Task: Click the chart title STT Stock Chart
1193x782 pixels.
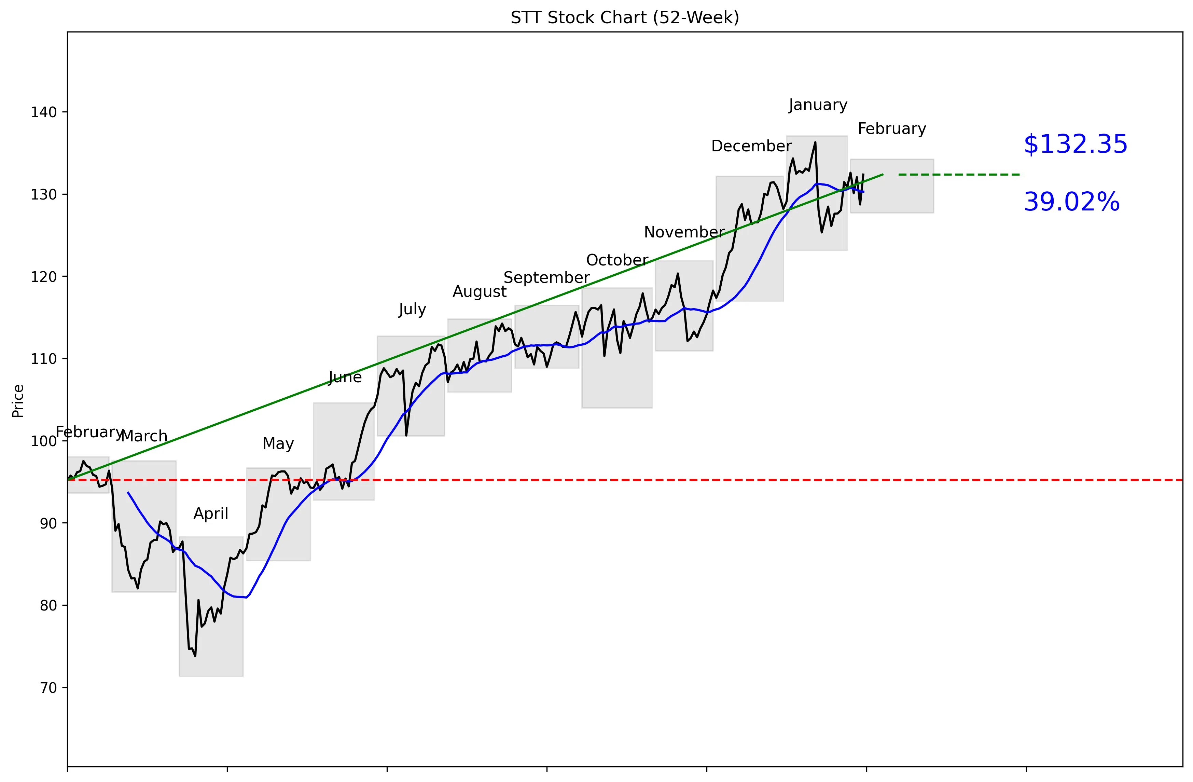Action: pyautogui.click(x=625, y=18)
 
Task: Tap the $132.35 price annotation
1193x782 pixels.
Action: pyautogui.click(x=1075, y=145)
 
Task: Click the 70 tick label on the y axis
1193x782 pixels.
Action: pyautogui.click(x=48, y=688)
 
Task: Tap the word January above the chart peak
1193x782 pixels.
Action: pyautogui.click(x=818, y=105)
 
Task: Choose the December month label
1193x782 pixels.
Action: pyautogui.click(x=751, y=146)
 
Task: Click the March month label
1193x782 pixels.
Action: pyautogui.click(x=144, y=436)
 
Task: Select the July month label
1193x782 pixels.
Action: pyautogui.click(x=412, y=309)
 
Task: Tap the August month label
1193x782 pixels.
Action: pyautogui.click(x=479, y=292)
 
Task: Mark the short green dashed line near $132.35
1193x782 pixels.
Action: pyautogui.click(x=960, y=175)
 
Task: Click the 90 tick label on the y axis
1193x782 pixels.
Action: pyautogui.click(x=48, y=523)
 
